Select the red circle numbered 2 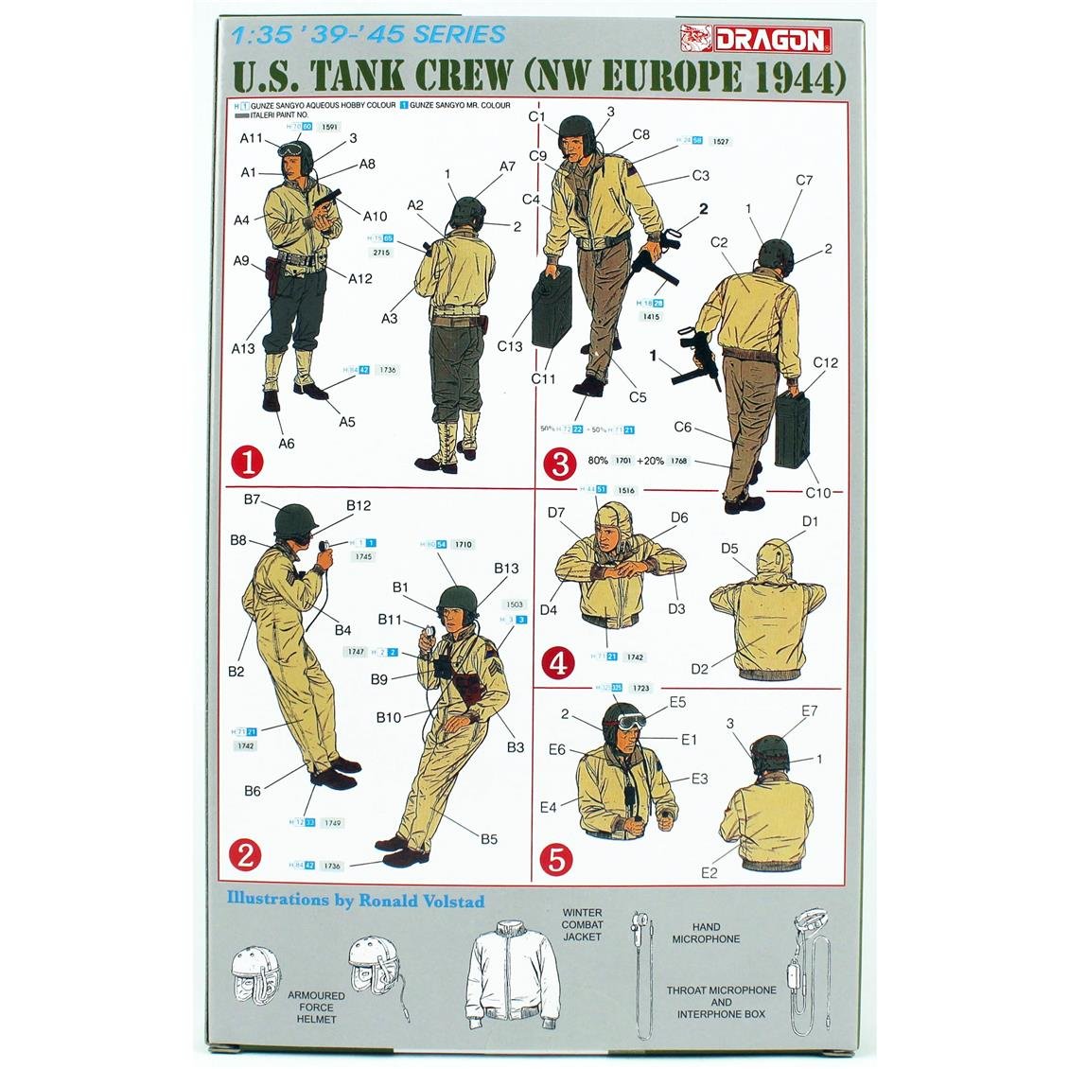245,856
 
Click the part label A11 252,138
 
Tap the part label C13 510,346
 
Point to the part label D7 556,513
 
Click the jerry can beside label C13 552,309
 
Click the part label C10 819,492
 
